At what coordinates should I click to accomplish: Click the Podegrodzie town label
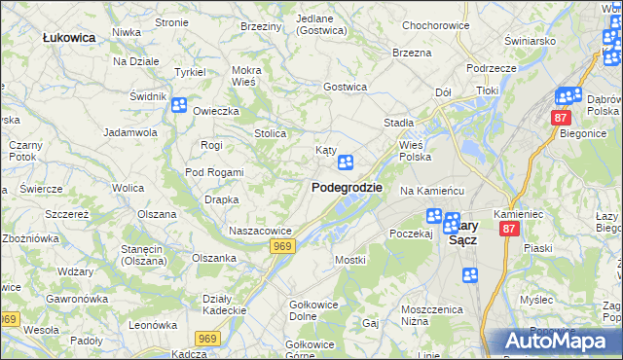coord(347,188)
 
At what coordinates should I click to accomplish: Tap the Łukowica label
coord(69,37)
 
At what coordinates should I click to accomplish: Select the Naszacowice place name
coord(261,231)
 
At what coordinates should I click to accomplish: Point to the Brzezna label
coord(412,53)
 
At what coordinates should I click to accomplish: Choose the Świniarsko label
coord(530,42)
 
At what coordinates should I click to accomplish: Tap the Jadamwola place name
coord(130,131)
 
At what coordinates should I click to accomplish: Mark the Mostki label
coord(349,260)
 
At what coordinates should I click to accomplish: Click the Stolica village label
coord(270,133)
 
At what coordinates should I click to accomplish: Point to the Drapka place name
coord(221,199)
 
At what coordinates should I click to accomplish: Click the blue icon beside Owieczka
coord(179,105)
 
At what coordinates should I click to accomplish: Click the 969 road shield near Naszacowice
coord(282,247)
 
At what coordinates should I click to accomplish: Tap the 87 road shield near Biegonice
coord(560,118)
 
